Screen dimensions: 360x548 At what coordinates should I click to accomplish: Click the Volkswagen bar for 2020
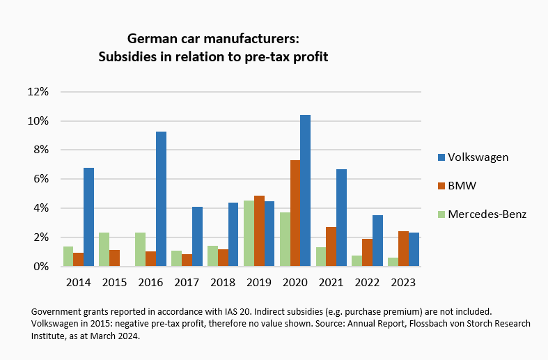click(x=305, y=190)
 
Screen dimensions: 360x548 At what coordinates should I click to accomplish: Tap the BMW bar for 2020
click(x=295, y=213)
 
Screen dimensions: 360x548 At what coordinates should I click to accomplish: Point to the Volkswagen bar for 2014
click(x=88, y=217)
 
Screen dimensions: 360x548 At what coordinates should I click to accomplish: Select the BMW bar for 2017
click(x=187, y=260)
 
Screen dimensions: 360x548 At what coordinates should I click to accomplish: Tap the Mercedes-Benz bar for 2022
click(x=357, y=260)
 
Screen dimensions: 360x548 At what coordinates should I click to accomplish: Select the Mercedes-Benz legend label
click(x=487, y=214)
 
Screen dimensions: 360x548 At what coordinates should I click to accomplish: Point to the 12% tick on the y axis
click(x=38, y=92)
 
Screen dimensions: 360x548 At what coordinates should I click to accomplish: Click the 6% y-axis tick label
click(x=40, y=179)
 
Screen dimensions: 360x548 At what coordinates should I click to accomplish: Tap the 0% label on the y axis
click(x=40, y=267)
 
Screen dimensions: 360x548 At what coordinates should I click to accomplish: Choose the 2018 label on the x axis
click(x=223, y=283)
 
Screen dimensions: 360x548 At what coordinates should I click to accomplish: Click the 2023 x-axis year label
click(x=403, y=283)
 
